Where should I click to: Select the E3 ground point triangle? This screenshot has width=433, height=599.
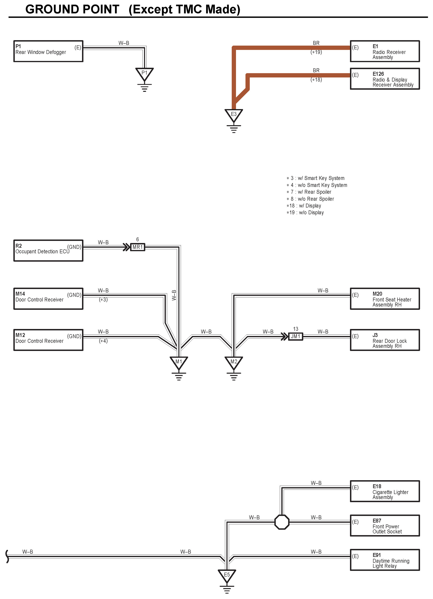click(234, 115)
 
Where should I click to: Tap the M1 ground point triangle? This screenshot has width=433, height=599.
click(179, 362)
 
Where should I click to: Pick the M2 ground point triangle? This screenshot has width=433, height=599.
click(234, 362)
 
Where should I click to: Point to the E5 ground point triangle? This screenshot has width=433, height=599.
click(227, 575)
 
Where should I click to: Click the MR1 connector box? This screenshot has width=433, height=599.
click(138, 247)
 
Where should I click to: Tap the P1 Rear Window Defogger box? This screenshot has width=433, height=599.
click(48, 51)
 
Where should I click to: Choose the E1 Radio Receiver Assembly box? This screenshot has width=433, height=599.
click(385, 51)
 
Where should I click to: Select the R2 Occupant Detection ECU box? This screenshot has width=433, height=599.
click(48, 251)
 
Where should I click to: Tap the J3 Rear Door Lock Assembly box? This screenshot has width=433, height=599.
click(385, 340)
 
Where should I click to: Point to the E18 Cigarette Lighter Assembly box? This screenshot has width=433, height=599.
click(385, 491)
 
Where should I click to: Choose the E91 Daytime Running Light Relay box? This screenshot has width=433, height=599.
click(385, 560)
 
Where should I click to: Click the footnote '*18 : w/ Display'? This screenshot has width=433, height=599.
click(304, 206)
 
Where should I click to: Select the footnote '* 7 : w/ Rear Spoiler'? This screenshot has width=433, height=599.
click(309, 192)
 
